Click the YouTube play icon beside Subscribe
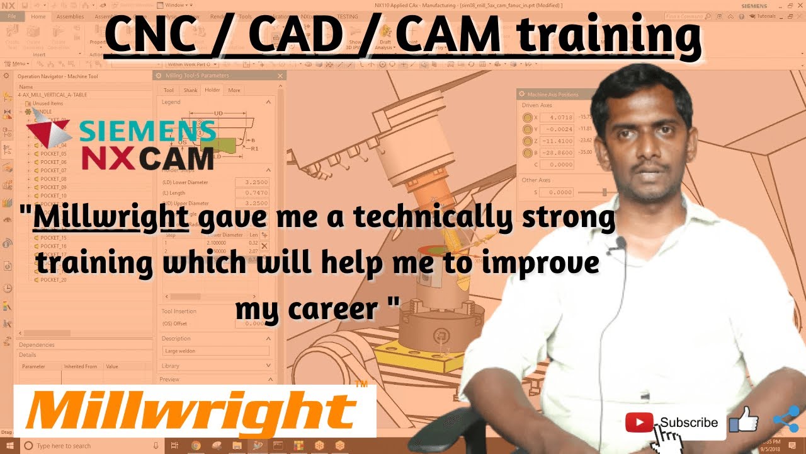(640, 422)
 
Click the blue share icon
(785, 419)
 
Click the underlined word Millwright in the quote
(111, 218)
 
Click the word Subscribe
(689, 422)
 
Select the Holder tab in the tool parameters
(212, 90)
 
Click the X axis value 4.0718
(557, 117)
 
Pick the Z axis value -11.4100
(557, 141)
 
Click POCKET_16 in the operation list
(54, 246)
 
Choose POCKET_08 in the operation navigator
(54, 179)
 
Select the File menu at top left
(13, 16)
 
